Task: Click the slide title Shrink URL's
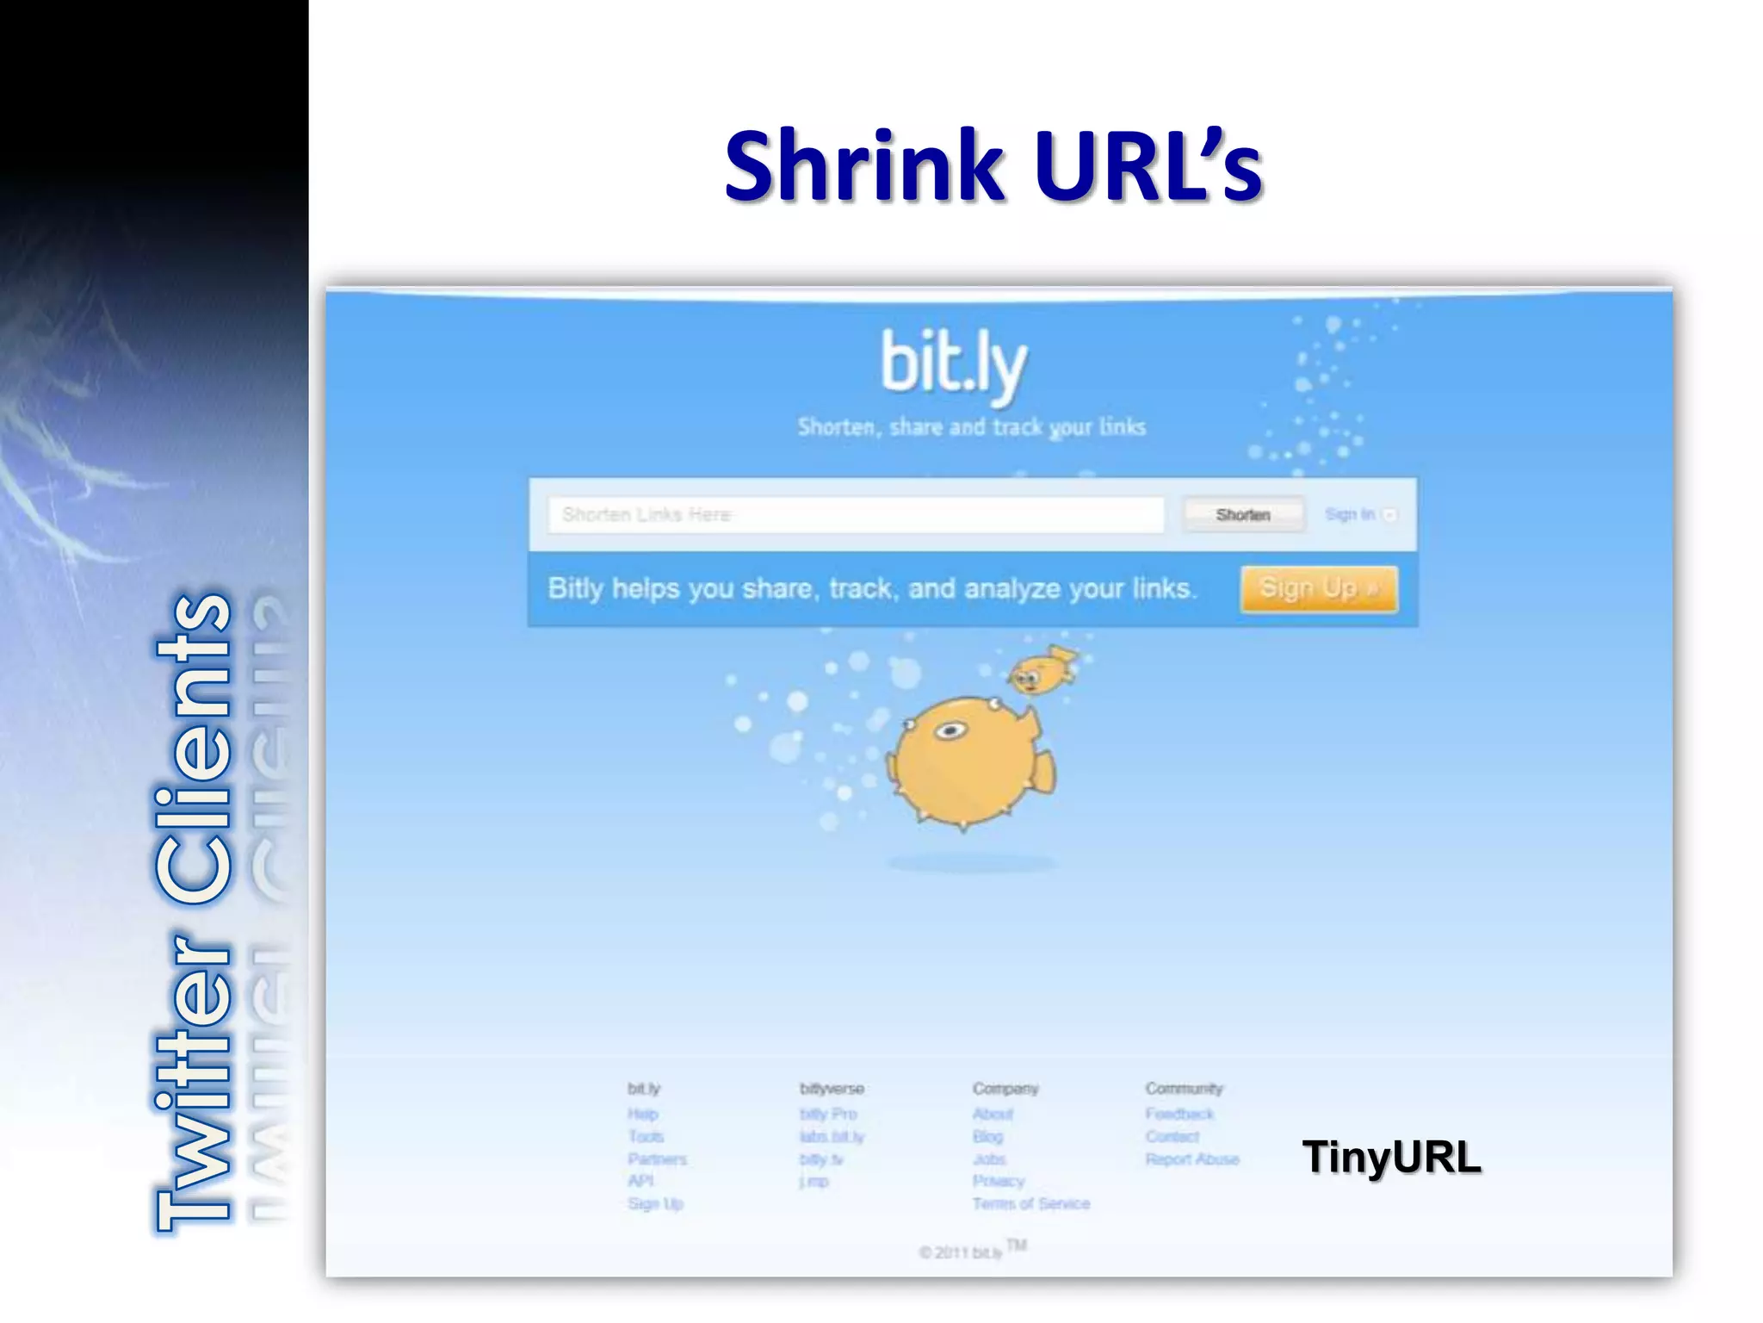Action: (x=993, y=165)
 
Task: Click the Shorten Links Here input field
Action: (x=855, y=514)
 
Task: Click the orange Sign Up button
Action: (x=1318, y=589)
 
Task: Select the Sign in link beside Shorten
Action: (x=1350, y=514)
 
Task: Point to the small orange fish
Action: (x=1042, y=671)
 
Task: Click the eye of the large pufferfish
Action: (x=950, y=731)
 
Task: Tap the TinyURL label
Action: (x=1391, y=1157)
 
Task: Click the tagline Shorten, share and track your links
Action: (x=971, y=427)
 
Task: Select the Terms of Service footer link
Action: (x=1030, y=1203)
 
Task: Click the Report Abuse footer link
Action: (x=1191, y=1159)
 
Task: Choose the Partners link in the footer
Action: (x=657, y=1159)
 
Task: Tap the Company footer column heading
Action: (x=1005, y=1089)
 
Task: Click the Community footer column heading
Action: (x=1183, y=1089)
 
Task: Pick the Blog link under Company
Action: (x=987, y=1137)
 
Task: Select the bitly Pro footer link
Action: (x=827, y=1114)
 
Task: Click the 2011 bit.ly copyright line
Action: (x=962, y=1252)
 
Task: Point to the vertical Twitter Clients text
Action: (x=195, y=913)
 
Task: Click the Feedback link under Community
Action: (x=1178, y=1114)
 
